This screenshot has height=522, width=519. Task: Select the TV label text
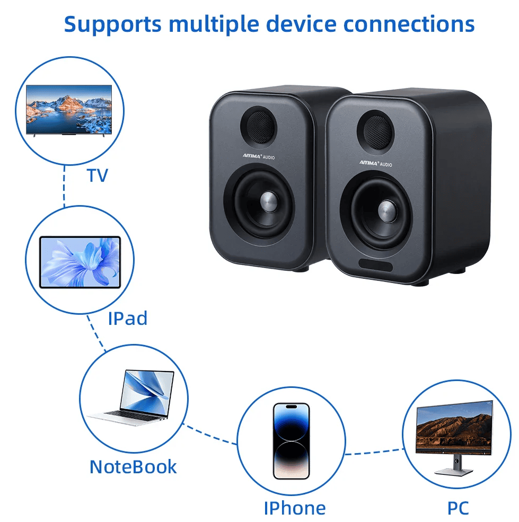point(98,175)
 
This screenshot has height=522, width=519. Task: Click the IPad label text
point(127,318)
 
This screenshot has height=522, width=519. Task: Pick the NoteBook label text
point(133,467)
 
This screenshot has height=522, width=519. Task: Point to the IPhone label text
point(295,508)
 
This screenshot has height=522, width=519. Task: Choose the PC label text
point(458,508)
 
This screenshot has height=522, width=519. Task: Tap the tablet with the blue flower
point(80,262)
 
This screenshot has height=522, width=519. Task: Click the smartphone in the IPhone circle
point(291,441)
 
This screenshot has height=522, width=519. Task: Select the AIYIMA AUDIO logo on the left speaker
point(258,157)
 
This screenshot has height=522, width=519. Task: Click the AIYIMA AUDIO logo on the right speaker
point(376,163)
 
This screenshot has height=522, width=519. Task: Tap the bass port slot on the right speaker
point(375,264)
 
